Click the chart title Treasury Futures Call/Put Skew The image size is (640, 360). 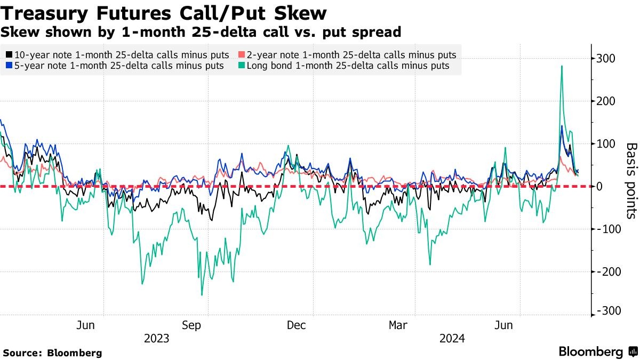coord(164,12)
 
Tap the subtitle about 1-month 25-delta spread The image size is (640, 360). coord(201,32)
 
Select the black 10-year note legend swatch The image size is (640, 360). coord(9,55)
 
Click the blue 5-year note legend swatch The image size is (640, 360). coord(9,66)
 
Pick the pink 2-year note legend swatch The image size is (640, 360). coord(242,55)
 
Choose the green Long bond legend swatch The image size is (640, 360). coord(242,66)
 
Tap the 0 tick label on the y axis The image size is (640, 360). coord(600,187)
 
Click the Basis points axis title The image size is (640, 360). coord(631,180)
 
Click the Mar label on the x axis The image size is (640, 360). coord(398,325)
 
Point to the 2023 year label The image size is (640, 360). coord(156,339)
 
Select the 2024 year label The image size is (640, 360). coord(452,339)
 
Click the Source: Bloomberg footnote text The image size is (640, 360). coord(52,353)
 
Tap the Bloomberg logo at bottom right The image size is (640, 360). coord(597,352)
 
